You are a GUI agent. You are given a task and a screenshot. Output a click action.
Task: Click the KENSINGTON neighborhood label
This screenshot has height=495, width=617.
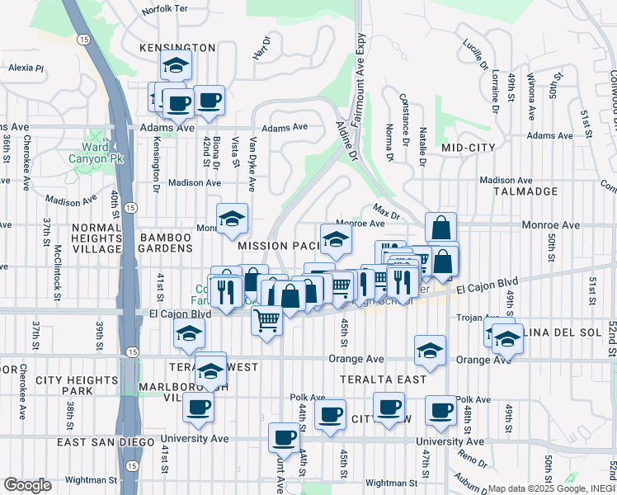coord(177,48)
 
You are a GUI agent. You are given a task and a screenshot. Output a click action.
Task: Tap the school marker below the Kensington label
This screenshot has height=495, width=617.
coord(175,65)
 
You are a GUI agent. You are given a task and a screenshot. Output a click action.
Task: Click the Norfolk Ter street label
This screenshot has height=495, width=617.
coord(165,11)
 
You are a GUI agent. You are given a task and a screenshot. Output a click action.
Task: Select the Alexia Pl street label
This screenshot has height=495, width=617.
coord(26,68)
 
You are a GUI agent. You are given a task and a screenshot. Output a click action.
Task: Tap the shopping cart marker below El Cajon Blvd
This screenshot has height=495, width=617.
coord(266,318)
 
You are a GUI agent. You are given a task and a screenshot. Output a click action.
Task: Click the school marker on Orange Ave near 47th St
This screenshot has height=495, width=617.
coord(430,350)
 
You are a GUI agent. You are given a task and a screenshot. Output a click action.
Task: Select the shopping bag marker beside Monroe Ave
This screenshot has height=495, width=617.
coord(441,227)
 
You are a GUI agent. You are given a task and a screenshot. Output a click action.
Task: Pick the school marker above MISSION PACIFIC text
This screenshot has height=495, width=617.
coord(336,239)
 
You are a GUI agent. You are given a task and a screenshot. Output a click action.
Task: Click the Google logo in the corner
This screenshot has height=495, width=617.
coord(27,485)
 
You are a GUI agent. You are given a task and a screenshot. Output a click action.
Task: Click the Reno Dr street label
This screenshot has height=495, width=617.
coord(474,459)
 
